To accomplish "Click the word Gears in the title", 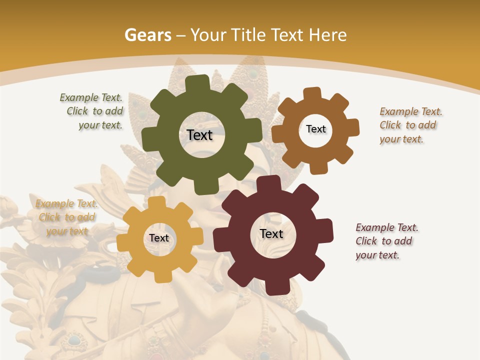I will (x=147, y=35).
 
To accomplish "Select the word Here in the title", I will (x=328, y=35).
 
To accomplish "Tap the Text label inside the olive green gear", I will (x=199, y=135).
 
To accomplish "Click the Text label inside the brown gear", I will (x=315, y=129).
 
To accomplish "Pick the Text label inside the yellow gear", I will (x=159, y=238).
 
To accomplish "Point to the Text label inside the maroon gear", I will (x=271, y=234).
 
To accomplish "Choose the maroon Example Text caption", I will (x=385, y=241).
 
